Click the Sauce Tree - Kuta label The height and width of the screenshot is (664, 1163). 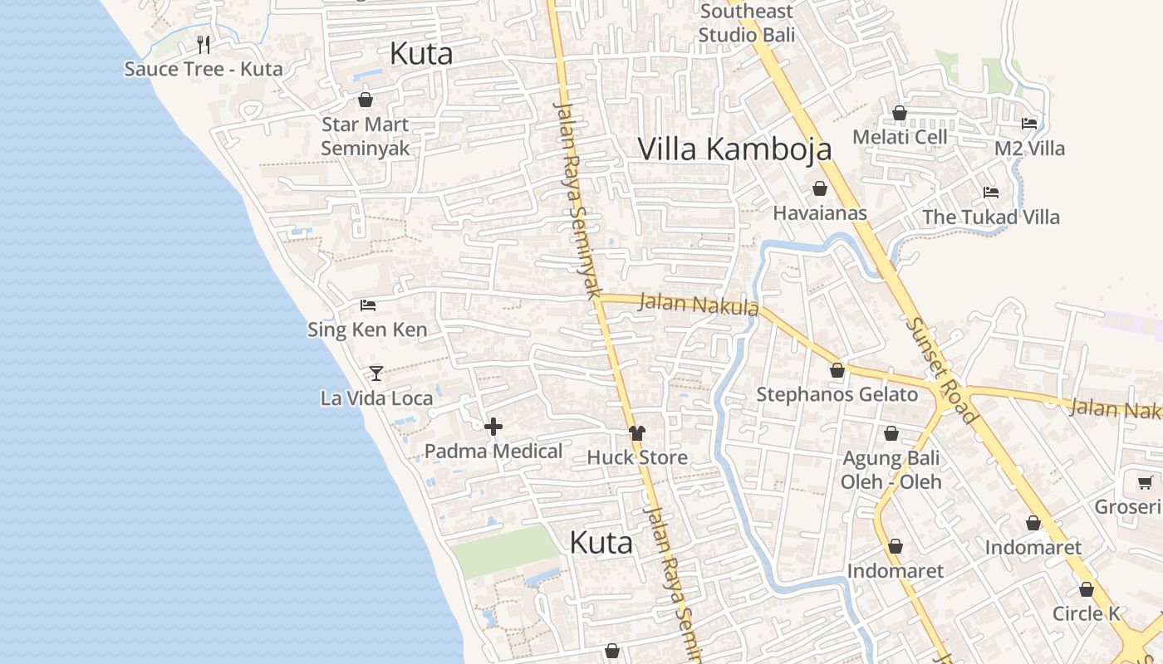pos(204,69)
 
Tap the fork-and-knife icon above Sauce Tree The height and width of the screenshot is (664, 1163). pos(204,44)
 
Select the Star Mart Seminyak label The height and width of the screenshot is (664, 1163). pos(366,136)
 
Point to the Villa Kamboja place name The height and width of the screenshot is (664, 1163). pos(734,149)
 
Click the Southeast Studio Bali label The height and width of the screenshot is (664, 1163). pos(747,23)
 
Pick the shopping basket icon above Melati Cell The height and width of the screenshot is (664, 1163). pos(900,113)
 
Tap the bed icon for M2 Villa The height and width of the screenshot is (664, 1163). pos(1029,124)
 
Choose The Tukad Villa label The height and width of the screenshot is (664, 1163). pos(991,217)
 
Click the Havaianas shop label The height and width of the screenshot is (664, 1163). pos(820,213)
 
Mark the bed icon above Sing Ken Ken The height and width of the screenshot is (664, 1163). pos(368,305)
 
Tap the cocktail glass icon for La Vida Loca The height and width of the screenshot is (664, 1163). pos(376,373)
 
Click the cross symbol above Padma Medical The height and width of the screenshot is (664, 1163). pos(493,427)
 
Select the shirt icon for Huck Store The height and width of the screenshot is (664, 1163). pos(637,432)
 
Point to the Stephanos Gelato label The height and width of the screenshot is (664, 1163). pos(837,394)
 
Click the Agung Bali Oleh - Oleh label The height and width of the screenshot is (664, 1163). pos(891,470)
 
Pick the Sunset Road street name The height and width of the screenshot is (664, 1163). pos(941,370)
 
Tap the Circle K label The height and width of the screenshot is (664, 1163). pos(1086,614)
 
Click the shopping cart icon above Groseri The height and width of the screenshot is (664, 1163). pos(1145,482)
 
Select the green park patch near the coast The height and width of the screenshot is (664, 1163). pos(504,552)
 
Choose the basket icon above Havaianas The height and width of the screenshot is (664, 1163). pos(820,188)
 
